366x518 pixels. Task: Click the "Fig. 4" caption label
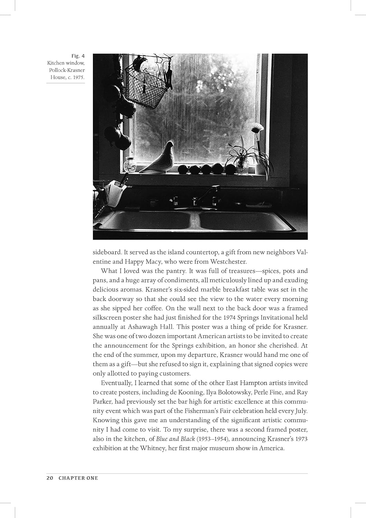(78, 56)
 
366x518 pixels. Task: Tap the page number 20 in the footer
(49, 478)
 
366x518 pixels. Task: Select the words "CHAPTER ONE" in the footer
(78, 478)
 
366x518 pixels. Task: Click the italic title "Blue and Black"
(176, 439)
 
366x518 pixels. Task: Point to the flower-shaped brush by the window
(258, 129)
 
